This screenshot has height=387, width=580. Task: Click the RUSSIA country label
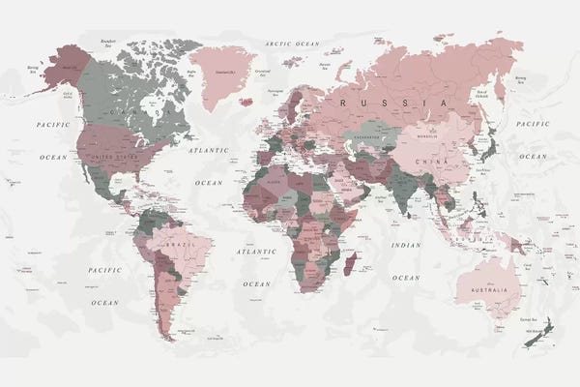391,101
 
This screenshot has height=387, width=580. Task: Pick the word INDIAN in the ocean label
406,245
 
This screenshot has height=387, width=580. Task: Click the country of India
397,185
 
